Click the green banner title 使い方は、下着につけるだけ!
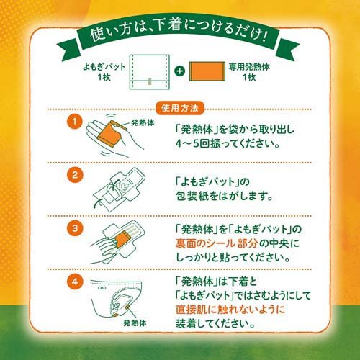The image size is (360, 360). pos(180,36)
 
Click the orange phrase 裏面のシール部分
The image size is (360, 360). pos(212,243)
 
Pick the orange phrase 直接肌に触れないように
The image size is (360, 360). pos(229,308)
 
